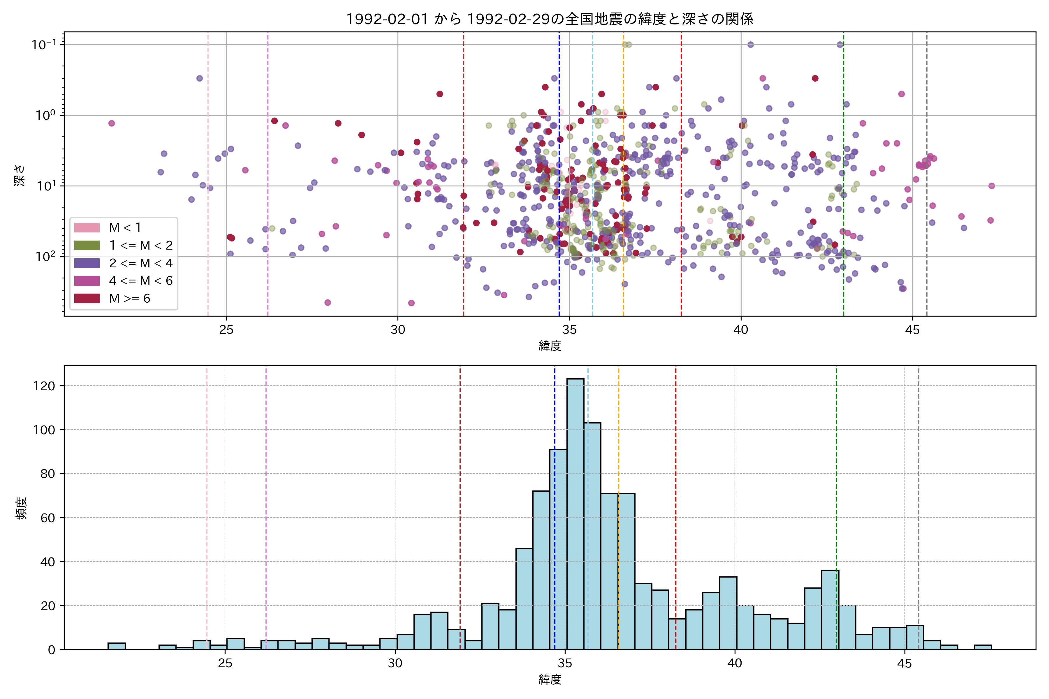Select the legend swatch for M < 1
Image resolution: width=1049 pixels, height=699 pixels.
87,227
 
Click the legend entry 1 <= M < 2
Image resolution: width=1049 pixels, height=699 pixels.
140,245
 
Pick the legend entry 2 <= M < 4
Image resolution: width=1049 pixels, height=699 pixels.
140,263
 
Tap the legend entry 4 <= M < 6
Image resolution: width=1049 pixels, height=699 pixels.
140,280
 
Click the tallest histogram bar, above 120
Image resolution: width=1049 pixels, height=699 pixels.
575,513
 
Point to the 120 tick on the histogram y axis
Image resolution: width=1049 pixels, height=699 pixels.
44,386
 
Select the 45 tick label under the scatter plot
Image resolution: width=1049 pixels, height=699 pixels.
913,330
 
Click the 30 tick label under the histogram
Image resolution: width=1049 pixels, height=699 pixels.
395,663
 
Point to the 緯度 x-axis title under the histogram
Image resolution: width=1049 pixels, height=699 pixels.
550,679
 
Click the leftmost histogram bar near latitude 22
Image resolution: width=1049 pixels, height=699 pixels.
116,646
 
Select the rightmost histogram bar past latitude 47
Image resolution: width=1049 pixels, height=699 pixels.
983,647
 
